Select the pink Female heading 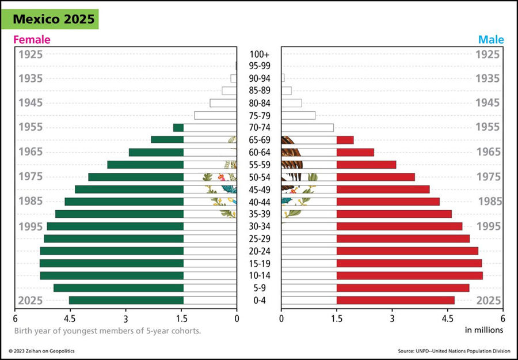tap(32, 40)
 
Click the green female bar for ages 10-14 tap(112, 275)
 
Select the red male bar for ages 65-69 tap(345, 140)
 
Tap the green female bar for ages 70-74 tap(178, 128)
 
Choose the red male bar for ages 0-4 tap(395, 300)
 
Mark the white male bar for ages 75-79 tap(298, 115)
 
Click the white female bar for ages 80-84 tap(223, 103)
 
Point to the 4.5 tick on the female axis tap(70, 317)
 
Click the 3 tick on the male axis tap(392, 317)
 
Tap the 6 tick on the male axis tap(502, 317)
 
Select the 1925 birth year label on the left tap(31, 55)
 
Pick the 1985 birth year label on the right tap(489, 202)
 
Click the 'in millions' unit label tap(484, 330)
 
